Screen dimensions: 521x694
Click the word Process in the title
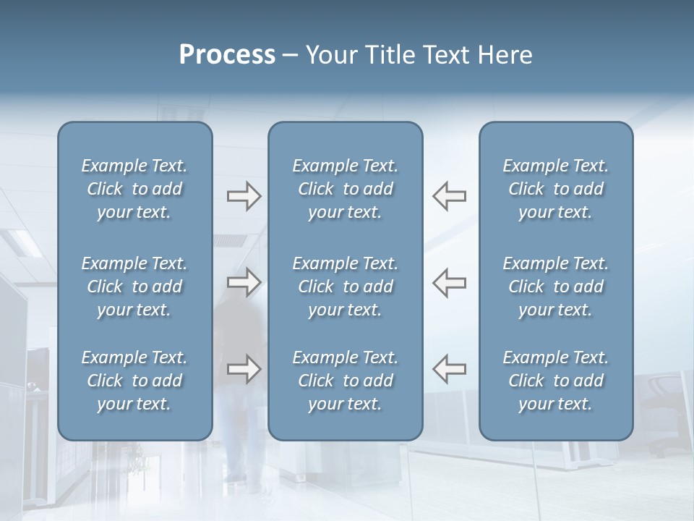tap(227, 55)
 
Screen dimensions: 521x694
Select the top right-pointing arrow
tap(244, 196)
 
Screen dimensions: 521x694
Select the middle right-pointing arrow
tap(244, 282)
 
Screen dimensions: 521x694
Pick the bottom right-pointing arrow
tap(244, 369)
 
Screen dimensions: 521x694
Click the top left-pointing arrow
tap(449, 196)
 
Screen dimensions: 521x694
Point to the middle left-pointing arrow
tap(449, 282)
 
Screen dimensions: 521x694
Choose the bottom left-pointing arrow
tap(449, 369)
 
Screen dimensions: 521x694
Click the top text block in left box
tap(134, 189)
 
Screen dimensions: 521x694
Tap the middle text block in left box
tap(134, 287)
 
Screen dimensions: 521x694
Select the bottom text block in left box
tap(134, 381)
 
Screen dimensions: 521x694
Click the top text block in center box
tap(345, 189)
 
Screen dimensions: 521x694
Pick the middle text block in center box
tap(345, 287)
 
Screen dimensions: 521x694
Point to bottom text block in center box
tap(345, 381)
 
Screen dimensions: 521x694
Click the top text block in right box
tap(555, 189)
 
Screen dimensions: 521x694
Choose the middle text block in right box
tap(555, 287)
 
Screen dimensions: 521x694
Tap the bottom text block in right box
tap(555, 381)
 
